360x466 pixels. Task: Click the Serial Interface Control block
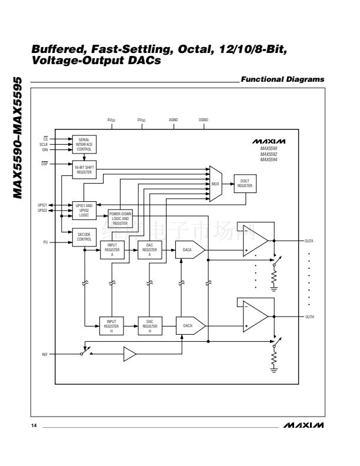click(84, 144)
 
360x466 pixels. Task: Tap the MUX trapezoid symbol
click(215, 184)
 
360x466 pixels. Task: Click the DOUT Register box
click(245, 183)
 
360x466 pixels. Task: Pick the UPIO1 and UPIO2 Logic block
click(84, 211)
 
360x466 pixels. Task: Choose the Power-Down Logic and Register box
click(120, 218)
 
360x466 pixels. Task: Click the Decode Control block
click(84, 237)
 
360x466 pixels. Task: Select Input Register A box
click(112, 250)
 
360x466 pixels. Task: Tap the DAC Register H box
click(149, 325)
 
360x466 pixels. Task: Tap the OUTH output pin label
click(309, 316)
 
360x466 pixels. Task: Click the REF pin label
click(44, 355)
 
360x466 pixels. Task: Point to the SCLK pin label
click(44, 144)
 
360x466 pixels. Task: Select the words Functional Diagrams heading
click(282, 80)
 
